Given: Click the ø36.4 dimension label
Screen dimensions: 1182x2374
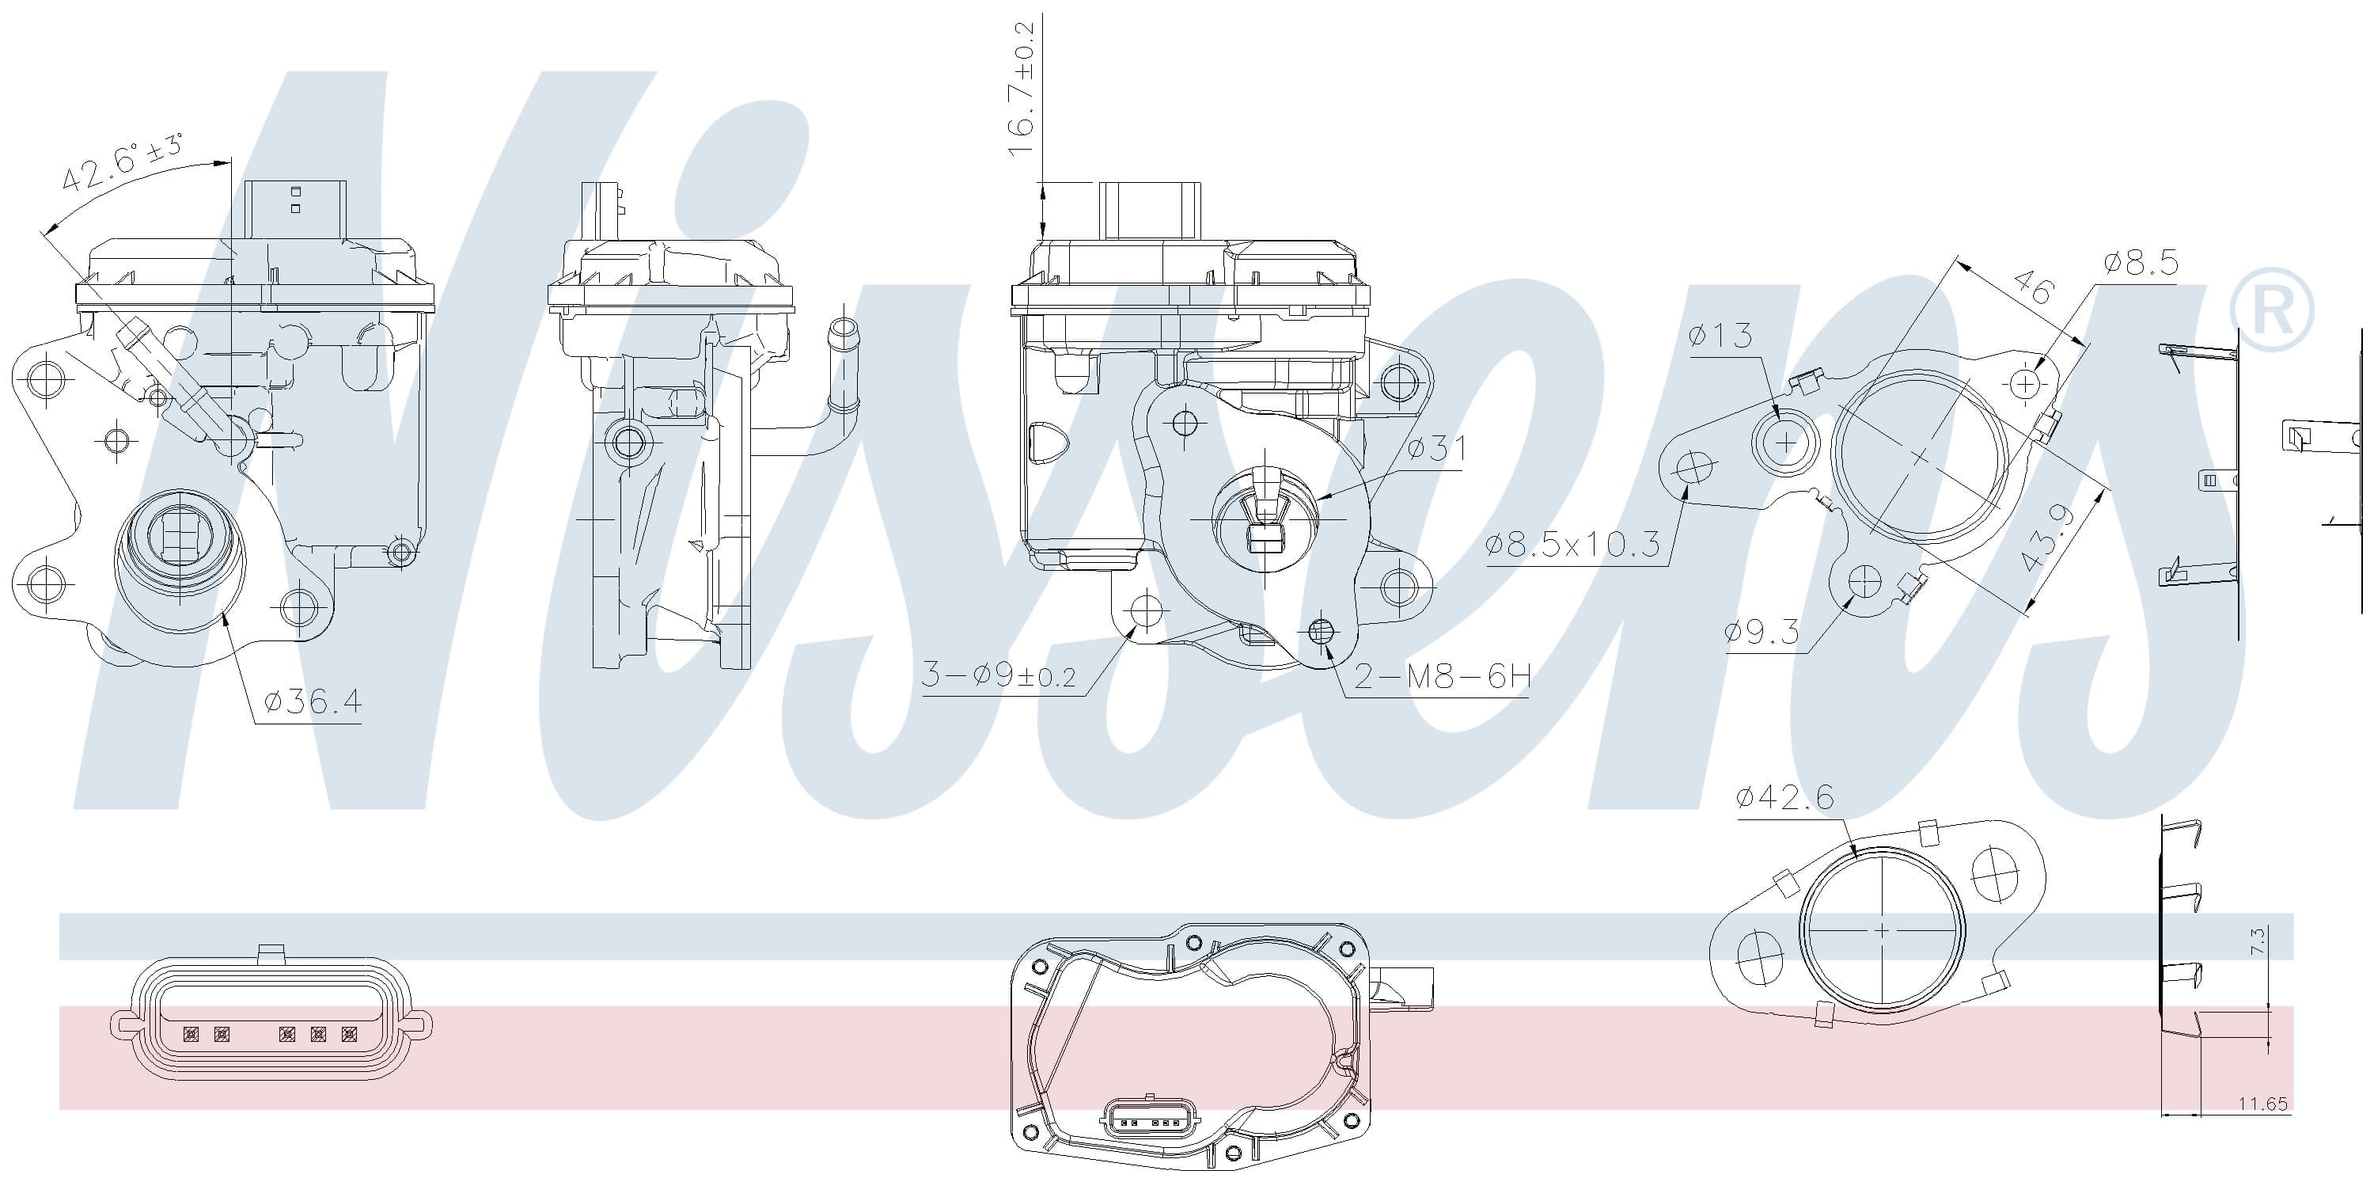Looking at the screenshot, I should point(313,702).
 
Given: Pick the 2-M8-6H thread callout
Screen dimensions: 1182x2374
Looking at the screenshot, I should point(1443,677).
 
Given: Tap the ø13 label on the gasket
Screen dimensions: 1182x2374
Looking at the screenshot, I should point(1720,336).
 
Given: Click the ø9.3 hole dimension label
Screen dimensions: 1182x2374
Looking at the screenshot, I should point(1762,633).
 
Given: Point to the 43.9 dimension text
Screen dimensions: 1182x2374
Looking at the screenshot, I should point(2048,538).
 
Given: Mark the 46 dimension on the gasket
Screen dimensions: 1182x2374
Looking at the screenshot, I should point(2032,287).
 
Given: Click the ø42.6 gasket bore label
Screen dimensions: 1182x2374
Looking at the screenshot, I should point(1784,796).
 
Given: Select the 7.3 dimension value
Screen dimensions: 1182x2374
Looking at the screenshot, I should point(2256,941).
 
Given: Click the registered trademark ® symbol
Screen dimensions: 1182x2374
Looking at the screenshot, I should point(2273,310).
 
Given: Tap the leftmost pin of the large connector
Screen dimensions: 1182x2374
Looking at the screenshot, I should point(192,1035).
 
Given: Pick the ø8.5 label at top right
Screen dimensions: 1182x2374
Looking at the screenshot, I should point(2141,264).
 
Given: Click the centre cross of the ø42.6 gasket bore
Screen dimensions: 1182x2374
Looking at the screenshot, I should point(1881,930).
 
